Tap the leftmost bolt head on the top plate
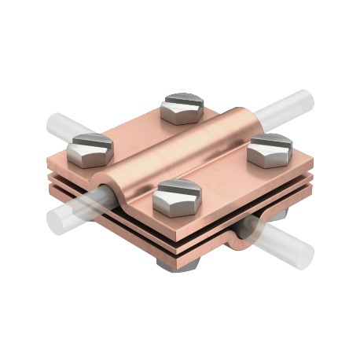point(91,149)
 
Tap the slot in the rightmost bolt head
point(270,141)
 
